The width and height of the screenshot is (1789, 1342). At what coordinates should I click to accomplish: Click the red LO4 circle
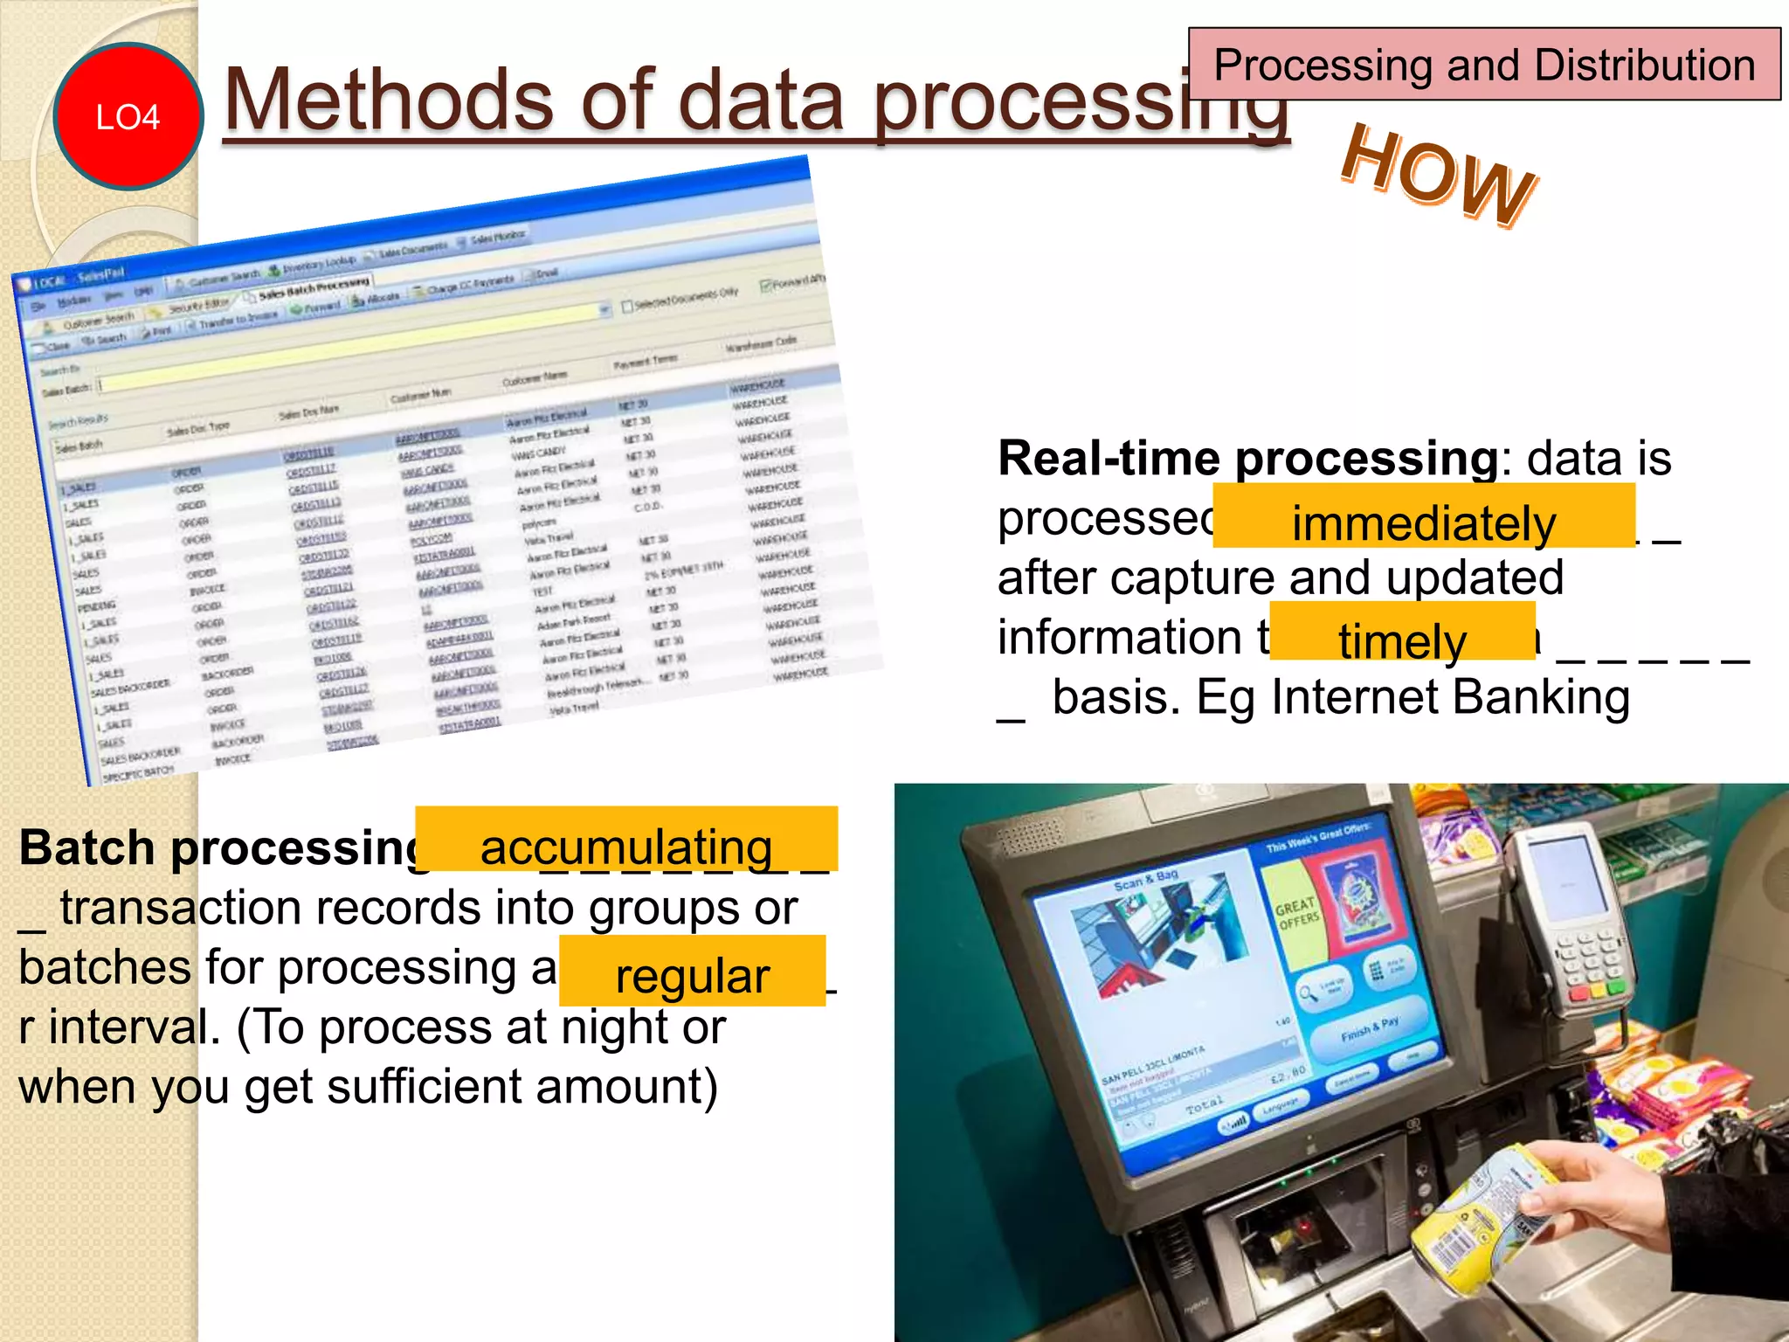tap(128, 116)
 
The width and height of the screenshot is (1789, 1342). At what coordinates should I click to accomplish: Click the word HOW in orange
tap(1439, 176)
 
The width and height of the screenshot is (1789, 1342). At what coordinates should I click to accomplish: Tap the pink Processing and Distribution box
tap(1484, 65)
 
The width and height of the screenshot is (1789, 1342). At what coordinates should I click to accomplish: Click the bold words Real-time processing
tap(1247, 459)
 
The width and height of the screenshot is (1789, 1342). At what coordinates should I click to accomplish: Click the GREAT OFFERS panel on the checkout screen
tap(1297, 913)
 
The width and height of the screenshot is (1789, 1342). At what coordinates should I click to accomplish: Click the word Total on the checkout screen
tap(1205, 1105)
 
